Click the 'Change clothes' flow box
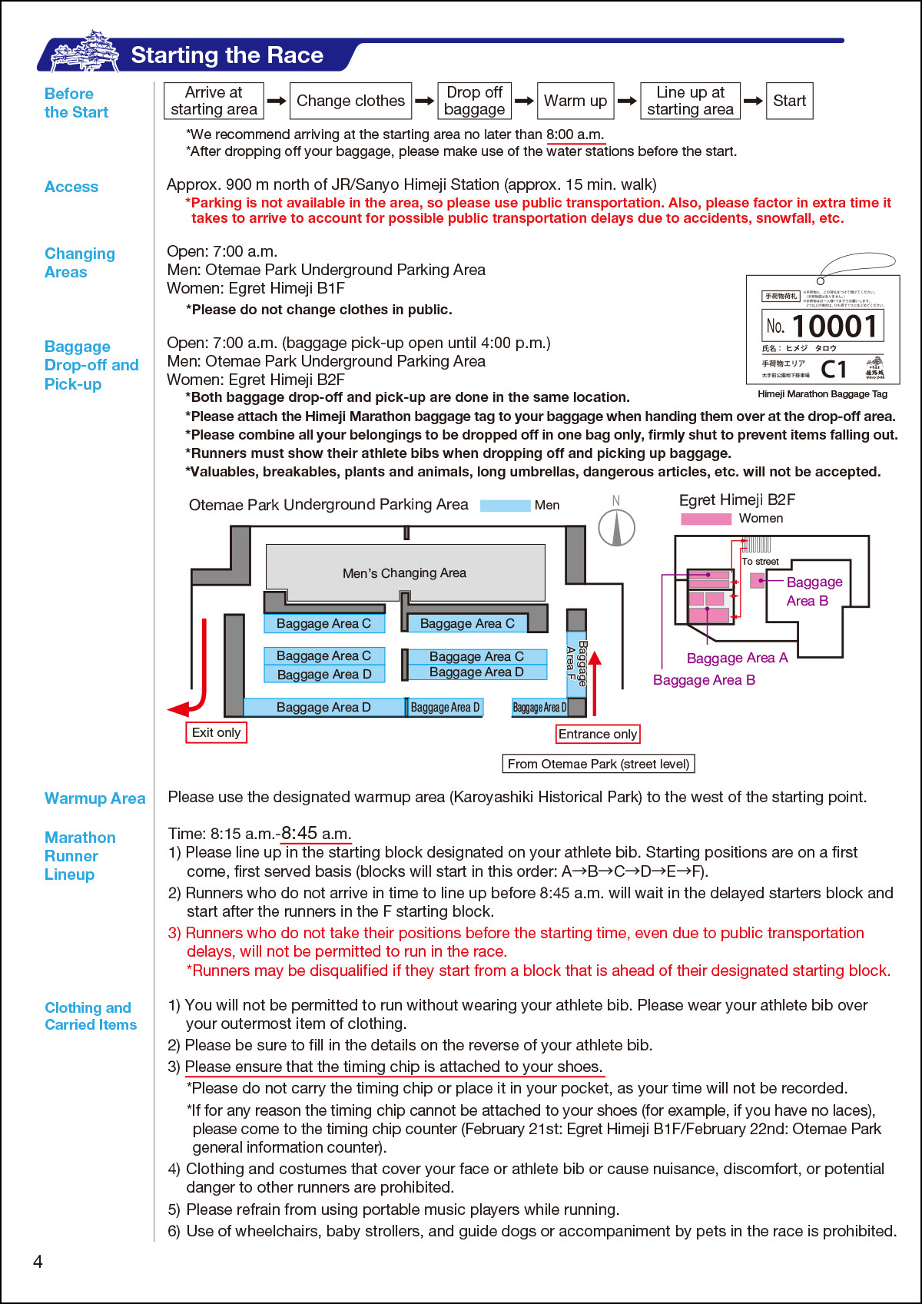[x=350, y=101]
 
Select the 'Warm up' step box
[x=575, y=101]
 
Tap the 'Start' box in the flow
[x=789, y=101]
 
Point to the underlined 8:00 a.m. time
[x=575, y=134]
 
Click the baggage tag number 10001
[x=834, y=327]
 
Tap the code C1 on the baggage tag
[x=834, y=370]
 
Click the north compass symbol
[x=616, y=527]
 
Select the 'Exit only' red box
[x=216, y=732]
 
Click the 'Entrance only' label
[x=598, y=734]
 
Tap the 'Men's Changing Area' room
[x=405, y=572]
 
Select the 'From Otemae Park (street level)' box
[x=598, y=764]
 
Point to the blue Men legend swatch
[x=505, y=506]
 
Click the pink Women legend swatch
[x=705, y=519]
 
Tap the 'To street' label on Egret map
[x=760, y=562]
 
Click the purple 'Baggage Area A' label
[x=737, y=658]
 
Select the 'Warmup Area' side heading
[x=95, y=798]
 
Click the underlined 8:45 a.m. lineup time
[x=316, y=834]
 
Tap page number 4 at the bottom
[x=38, y=1261]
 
